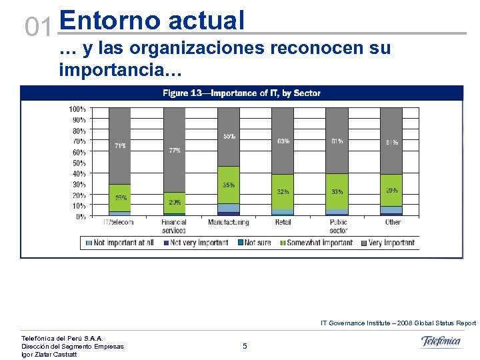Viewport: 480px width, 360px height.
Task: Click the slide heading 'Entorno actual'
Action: tap(152, 21)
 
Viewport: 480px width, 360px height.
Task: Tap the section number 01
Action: tap(38, 27)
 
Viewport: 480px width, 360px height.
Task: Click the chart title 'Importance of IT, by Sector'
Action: tap(241, 93)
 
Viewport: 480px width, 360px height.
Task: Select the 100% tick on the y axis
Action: tap(77, 109)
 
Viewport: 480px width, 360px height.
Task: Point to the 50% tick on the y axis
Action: tap(78, 163)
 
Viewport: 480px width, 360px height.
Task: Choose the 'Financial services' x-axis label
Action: tap(174, 226)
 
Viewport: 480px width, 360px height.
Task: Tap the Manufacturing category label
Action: tap(228, 222)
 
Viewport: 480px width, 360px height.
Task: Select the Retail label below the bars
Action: tap(283, 222)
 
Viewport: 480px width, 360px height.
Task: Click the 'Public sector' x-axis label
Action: tap(338, 226)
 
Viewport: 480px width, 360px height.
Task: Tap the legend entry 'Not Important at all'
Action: tap(121, 243)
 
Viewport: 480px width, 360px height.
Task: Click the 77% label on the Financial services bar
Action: tap(175, 151)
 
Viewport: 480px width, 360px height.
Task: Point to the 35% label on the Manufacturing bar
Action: tap(229, 185)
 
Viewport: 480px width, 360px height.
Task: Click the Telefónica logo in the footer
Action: tap(441, 341)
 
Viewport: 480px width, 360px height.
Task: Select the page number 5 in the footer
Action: tap(245, 346)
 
